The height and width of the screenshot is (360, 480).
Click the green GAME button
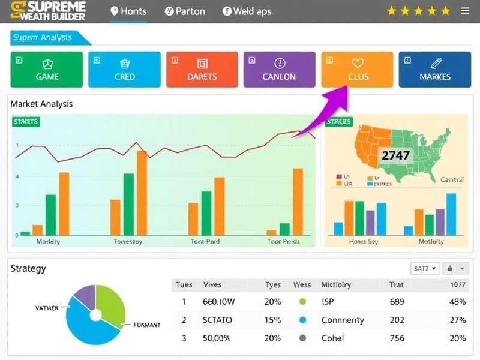(x=47, y=70)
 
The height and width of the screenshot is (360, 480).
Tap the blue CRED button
(x=125, y=70)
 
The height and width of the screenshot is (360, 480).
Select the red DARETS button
(x=202, y=70)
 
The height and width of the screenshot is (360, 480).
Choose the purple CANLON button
(x=279, y=70)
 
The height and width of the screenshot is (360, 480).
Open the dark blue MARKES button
(x=435, y=70)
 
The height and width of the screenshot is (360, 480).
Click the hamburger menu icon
(x=465, y=11)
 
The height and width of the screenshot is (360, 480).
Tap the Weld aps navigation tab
(x=247, y=11)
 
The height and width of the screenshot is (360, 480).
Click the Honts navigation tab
(x=128, y=11)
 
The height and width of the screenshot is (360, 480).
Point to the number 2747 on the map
(x=395, y=155)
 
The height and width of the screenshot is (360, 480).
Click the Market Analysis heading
(x=41, y=104)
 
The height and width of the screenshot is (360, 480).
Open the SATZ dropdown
(x=425, y=268)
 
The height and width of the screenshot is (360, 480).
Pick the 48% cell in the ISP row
(x=457, y=302)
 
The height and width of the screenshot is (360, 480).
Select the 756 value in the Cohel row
(x=397, y=338)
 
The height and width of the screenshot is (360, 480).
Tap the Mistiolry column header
(x=336, y=285)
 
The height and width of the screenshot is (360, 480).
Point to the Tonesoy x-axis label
(x=128, y=241)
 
